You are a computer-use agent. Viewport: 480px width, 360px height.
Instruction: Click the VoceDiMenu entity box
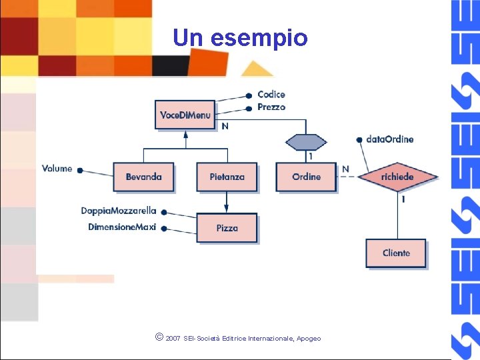coord(185,115)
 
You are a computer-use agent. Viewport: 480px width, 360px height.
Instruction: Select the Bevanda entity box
coord(143,177)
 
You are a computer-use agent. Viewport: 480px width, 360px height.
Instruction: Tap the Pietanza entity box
coord(227,177)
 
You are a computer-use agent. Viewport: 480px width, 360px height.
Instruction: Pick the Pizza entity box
coord(227,228)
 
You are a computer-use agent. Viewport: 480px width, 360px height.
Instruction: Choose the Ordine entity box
coord(306,177)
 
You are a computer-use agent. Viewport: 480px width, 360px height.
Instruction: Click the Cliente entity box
coord(396,253)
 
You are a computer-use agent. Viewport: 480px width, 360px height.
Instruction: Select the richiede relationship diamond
coord(397,177)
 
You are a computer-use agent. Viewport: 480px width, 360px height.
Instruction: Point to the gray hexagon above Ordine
coord(306,142)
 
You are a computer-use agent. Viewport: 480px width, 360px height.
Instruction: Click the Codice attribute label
coord(271,95)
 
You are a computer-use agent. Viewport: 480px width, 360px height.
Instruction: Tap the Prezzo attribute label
coord(271,107)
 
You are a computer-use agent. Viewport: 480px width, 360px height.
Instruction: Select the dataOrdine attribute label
coord(390,139)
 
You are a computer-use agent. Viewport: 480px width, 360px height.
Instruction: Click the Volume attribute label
coord(57,169)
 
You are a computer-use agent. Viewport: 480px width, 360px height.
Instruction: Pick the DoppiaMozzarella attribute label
coord(119,211)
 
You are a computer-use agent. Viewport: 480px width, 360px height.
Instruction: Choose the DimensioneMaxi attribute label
coord(122,227)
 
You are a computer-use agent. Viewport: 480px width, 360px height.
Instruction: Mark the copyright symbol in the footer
coord(159,338)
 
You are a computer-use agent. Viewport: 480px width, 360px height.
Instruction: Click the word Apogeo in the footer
coord(309,339)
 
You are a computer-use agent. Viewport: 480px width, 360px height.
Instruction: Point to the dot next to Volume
coord(80,171)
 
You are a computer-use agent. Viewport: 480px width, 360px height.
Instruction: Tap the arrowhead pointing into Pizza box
coord(227,209)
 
